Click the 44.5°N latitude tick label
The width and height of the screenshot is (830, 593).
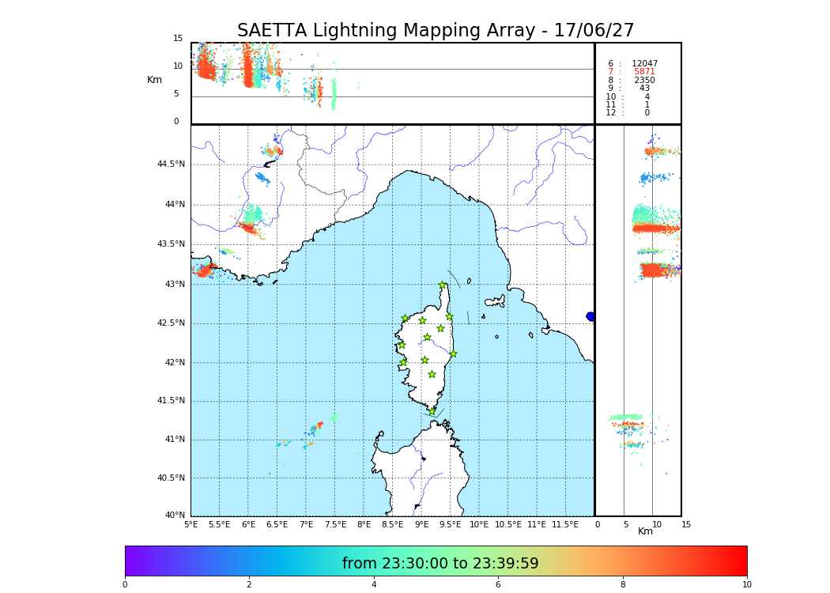pos(171,164)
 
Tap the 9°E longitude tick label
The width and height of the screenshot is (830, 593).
pos(421,524)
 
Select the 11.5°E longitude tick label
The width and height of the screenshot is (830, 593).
pos(565,524)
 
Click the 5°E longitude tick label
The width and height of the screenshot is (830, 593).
pos(191,524)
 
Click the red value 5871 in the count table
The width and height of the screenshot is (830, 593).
pos(644,72)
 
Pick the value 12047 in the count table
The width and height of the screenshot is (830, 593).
pos(644,64)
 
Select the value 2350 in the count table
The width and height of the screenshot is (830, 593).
pos(644,81)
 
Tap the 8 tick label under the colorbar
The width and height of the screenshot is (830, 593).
pos(623,585)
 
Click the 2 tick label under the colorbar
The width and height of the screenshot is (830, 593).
pos(249,585)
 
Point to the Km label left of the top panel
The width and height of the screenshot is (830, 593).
pos(155,80)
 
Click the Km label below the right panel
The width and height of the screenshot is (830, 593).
pos(646,531)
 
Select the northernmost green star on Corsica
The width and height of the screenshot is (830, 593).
pos(443,285)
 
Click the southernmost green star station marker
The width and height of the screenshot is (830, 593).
pos(432,411)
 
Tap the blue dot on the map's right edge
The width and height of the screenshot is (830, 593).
pos(590,316)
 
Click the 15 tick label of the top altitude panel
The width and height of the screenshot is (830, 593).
pos(178,39)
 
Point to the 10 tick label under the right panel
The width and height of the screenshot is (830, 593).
pos(657,524)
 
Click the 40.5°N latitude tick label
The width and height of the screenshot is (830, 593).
pos(171,478)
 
